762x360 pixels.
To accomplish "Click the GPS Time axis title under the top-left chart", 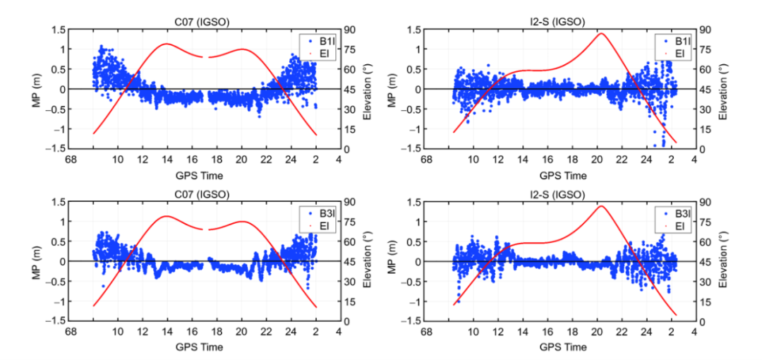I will (205, 175).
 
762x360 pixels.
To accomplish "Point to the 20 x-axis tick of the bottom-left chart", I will (241, 332).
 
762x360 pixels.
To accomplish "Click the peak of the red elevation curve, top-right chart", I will (601, 33).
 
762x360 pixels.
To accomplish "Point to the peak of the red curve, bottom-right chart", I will (601, 205).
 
